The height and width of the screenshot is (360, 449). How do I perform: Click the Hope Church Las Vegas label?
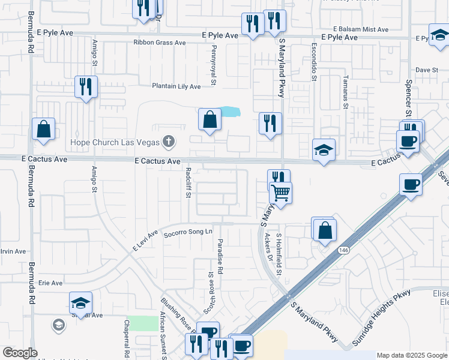115,142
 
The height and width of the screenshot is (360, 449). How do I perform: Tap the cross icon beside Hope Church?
169,142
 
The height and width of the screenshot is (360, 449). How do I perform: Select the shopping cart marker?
280,193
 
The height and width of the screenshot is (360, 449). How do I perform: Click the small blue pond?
229,112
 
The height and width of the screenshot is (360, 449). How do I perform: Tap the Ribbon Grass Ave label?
160,43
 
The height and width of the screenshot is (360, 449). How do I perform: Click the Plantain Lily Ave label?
176,86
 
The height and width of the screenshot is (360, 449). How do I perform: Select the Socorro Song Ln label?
188,232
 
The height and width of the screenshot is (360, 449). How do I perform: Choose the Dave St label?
427,70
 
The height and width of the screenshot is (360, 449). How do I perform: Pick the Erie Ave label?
50,283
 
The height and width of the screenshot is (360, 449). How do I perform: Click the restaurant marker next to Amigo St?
86,87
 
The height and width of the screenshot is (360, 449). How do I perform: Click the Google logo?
20,353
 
